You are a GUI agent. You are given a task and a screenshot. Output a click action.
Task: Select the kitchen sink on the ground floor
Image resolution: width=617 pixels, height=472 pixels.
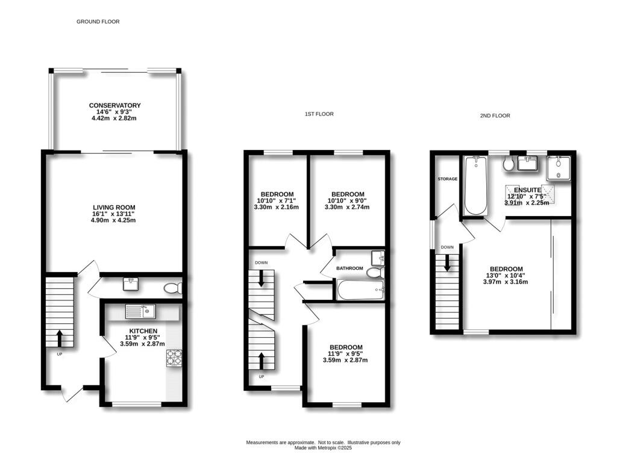140,311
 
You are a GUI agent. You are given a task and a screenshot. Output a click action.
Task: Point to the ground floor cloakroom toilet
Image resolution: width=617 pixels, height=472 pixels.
172,288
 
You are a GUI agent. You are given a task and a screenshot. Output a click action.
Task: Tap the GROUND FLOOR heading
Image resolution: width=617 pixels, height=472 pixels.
98,22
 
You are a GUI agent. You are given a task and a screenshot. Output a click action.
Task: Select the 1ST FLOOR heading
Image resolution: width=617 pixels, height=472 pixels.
319,114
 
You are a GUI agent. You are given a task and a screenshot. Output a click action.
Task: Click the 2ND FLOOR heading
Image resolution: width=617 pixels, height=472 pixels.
495,116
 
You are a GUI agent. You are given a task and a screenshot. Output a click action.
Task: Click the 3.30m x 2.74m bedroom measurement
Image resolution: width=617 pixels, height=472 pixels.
347,207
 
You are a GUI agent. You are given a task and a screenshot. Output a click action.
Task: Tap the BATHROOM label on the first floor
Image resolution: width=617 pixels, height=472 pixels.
349,268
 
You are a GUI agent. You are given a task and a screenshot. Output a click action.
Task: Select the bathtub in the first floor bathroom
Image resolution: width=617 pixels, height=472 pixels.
360,291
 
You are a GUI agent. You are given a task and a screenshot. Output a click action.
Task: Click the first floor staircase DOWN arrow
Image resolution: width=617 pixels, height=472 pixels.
261,278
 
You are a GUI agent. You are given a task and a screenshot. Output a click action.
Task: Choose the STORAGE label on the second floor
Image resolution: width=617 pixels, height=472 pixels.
448,179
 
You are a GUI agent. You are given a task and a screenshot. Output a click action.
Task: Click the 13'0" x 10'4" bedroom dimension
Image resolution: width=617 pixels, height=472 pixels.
506,276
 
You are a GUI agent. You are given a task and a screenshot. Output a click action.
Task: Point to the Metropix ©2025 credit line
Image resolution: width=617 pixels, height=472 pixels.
323,448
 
